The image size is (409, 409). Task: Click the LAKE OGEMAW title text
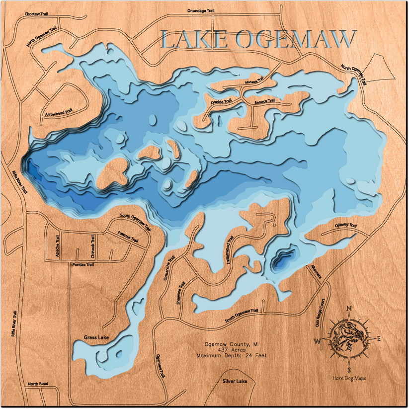click(259, 39)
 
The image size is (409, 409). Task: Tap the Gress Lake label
click(96, 338)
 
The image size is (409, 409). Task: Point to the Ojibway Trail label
click(346, 227)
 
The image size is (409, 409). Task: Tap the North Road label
click(38, 384)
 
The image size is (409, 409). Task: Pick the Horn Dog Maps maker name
click(349, 379)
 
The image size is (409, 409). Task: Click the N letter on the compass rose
click(349, 308)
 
